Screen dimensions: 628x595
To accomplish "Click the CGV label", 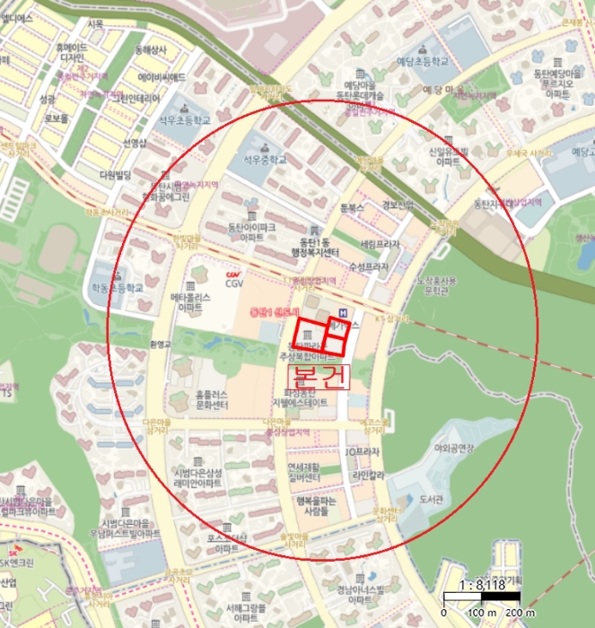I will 234,283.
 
